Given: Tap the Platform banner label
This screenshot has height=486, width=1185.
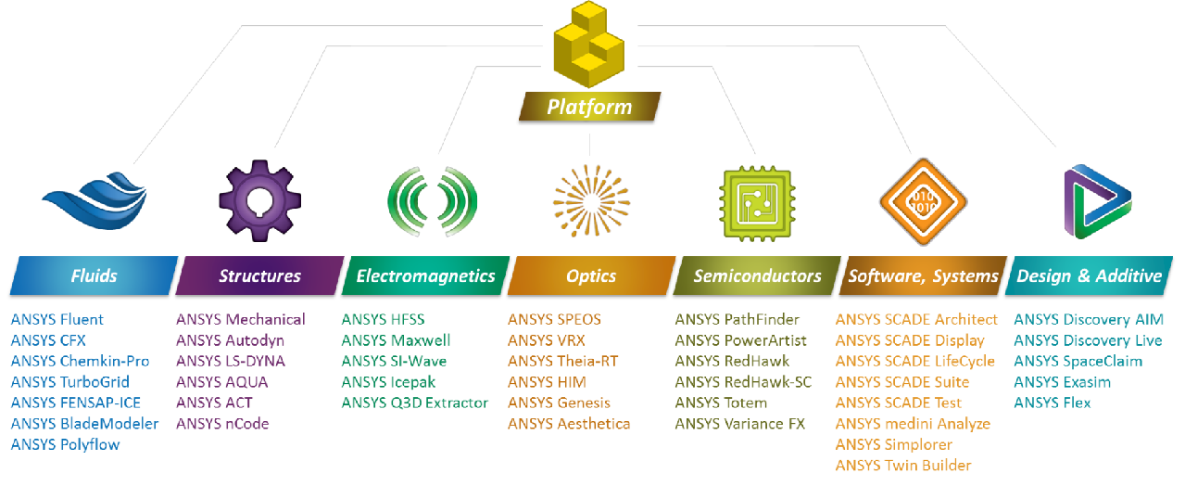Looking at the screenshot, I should click(589, 107).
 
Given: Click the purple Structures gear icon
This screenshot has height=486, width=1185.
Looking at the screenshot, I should click(259, 199).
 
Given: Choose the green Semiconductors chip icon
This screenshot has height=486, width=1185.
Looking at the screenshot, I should click(757, 198).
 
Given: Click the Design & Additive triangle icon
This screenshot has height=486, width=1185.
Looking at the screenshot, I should click(1096, 199).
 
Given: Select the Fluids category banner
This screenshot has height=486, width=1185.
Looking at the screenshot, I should click(94, 275).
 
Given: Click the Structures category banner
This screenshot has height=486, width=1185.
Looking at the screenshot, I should click(259, 275).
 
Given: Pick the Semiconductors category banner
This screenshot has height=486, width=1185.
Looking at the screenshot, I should click(757, 275).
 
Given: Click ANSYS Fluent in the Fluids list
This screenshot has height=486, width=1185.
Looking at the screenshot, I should click(57, 319).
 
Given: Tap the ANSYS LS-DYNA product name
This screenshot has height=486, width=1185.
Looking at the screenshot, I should click(231, 361).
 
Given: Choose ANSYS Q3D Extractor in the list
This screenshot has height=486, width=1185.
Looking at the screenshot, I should click(414, 403).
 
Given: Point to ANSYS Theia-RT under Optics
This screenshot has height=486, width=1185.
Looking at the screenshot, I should click(562, 361).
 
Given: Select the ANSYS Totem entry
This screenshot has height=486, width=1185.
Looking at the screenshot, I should click(721, 403).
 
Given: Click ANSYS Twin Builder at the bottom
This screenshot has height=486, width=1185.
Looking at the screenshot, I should click(902, 466).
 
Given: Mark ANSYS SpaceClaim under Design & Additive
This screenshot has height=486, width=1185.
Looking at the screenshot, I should click(1078, 361).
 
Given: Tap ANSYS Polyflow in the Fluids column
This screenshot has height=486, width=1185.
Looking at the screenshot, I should click(65, 444).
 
